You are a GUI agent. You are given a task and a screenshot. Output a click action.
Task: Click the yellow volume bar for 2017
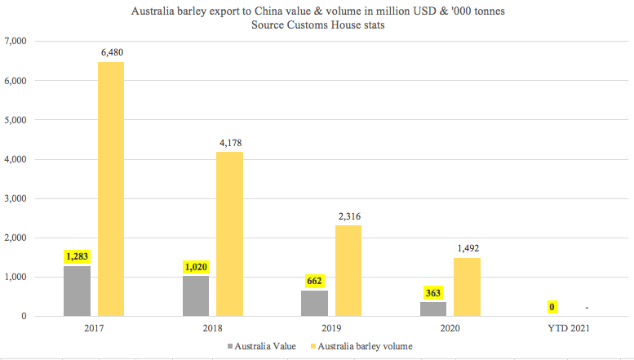[111, 189]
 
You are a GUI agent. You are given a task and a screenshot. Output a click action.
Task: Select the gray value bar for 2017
[77, 291]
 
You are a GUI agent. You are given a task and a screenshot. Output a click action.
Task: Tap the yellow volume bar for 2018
[229, 233]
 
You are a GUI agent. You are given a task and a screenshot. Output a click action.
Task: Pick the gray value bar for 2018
[196, 296]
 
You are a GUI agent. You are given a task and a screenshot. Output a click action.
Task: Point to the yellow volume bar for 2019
[348, 270]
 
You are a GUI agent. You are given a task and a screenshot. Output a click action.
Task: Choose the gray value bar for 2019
[315, 304]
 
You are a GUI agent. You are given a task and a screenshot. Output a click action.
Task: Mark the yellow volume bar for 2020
[467, 287]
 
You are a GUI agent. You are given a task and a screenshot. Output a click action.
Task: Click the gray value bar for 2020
[433, 309]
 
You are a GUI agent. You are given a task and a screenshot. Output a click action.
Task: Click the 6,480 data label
[112, 52]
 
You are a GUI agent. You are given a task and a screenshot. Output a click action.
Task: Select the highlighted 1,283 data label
[77, 256]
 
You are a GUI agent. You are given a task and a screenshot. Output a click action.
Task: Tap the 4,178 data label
[230, 143]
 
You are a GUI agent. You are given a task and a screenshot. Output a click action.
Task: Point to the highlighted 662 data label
[315, 281]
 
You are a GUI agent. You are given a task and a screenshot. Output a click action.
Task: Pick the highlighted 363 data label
[433, 293]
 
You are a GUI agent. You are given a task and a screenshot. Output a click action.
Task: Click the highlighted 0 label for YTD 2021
[552, 307]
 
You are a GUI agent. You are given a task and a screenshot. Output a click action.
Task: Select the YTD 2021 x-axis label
[569, 328]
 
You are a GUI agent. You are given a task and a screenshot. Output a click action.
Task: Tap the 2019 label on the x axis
[331, 328]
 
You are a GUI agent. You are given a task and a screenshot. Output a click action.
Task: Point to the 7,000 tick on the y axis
[16, 41]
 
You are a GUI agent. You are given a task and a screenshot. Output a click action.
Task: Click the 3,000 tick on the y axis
[16, 198]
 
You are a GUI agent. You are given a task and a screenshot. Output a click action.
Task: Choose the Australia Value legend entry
[262, 346]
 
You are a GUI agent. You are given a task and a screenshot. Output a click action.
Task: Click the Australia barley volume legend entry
[361, 346]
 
